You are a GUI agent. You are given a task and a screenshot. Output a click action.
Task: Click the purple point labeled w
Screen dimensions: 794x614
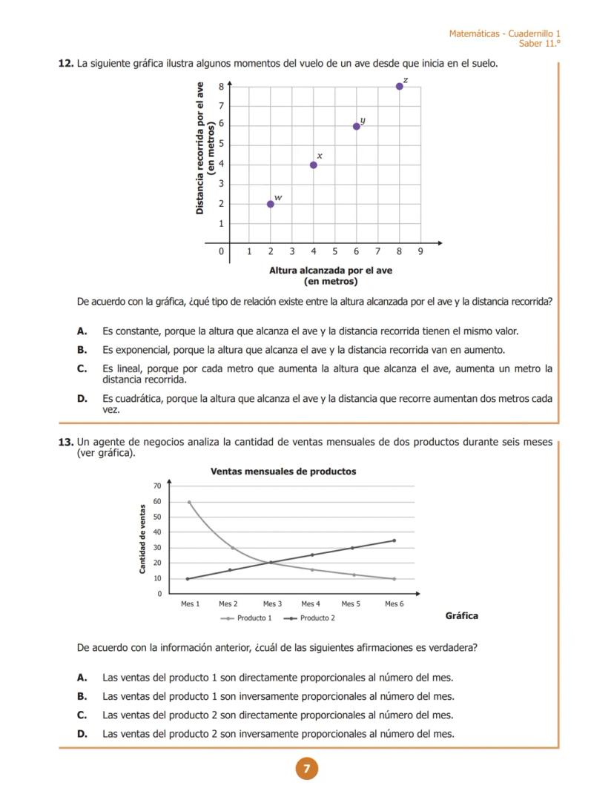[271, 204]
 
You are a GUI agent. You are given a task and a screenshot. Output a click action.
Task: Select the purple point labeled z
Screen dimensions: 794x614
[400, 86]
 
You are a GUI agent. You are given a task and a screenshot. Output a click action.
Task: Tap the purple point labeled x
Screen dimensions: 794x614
[314, 165]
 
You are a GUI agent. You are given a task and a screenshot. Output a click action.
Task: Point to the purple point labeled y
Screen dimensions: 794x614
[357, 126]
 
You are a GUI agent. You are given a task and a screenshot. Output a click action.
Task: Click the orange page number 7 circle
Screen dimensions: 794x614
[306, 769]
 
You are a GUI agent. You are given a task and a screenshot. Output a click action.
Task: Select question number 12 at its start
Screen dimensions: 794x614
[65, 64]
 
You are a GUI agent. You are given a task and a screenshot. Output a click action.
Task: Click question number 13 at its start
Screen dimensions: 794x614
[65, 443]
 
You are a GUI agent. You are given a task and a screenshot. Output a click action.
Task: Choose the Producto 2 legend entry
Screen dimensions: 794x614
[311, 618]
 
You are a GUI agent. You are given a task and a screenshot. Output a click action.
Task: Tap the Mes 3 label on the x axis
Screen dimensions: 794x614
[272, 604]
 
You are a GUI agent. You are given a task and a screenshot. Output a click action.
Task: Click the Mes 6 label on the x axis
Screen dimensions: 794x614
[395, 604]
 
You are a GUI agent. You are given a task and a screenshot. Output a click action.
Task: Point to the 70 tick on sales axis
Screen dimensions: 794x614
[157, 486]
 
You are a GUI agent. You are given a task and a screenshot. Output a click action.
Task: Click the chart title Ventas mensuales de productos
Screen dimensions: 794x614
[283, 472]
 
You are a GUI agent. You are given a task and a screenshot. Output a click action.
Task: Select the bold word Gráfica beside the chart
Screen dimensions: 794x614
[461, 616]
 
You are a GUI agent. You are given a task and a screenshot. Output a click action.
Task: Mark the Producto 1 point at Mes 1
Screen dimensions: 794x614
[189, 502]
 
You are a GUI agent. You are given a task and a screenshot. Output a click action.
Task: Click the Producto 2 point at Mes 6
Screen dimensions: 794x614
[395, 540]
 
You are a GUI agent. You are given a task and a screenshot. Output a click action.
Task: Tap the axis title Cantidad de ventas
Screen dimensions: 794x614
[142, 539]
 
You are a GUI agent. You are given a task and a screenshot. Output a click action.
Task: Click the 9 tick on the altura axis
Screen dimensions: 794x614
[420, 252]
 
